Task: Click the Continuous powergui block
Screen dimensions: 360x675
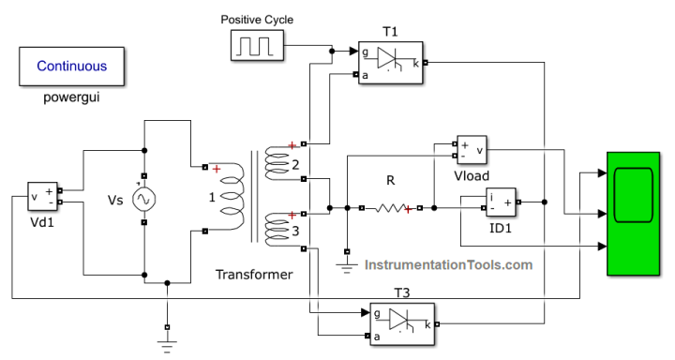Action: pyautogui.click(x=72, y=67)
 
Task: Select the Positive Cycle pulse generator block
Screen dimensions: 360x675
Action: pyautogui.click(x=258, y=45)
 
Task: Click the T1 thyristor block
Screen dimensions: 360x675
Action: pyautogui.click(x=390, y=63)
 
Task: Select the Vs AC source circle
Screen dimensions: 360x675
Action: pyautogui.click(x=144, y=198)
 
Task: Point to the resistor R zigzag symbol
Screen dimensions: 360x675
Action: pyautogui.click(x=391, y=209)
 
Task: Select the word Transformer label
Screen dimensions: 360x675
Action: pyautogui.click(x=253, y=275)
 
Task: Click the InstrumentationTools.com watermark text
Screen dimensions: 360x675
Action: pyautogui.click(x=448, y=264)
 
